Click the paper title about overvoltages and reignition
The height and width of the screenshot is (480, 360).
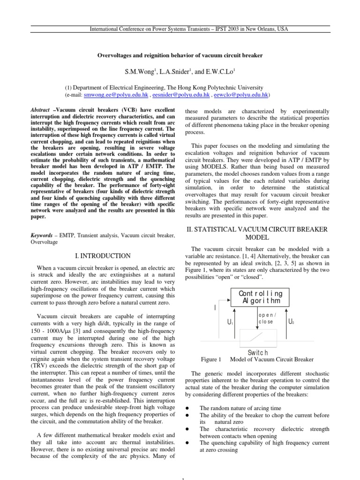180,55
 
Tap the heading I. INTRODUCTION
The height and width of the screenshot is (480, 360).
102,256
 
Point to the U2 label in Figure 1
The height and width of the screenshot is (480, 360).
292,322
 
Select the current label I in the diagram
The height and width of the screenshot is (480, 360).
215,307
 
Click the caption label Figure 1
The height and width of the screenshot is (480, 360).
210,360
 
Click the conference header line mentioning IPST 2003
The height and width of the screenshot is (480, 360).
180,29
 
